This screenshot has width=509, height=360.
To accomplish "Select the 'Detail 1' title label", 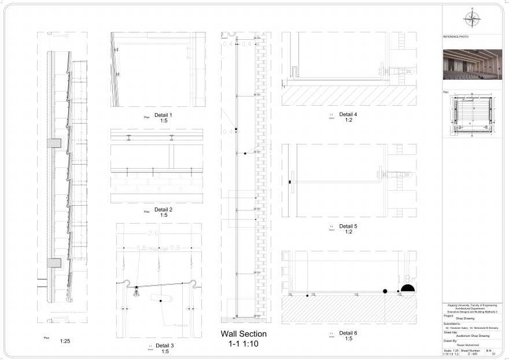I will (164, 115).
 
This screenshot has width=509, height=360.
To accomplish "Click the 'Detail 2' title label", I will (164, 209).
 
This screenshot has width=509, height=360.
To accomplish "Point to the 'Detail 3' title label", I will (165, 345).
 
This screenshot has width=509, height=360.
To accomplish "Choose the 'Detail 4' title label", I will (348, 114).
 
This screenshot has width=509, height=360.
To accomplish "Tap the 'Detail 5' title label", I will (348, 226).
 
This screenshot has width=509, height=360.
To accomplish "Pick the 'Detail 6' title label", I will (348, 333).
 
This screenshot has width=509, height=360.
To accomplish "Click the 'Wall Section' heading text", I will (244, 334).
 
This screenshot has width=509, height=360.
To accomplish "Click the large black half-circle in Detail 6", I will (408, 287).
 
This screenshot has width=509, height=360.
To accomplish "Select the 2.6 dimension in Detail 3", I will (153, 233).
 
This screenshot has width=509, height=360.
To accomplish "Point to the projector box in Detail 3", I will (163, 299).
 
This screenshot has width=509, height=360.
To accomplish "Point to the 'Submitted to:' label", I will (452, 324).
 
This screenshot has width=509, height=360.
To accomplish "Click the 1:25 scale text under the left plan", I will (65, 341).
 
